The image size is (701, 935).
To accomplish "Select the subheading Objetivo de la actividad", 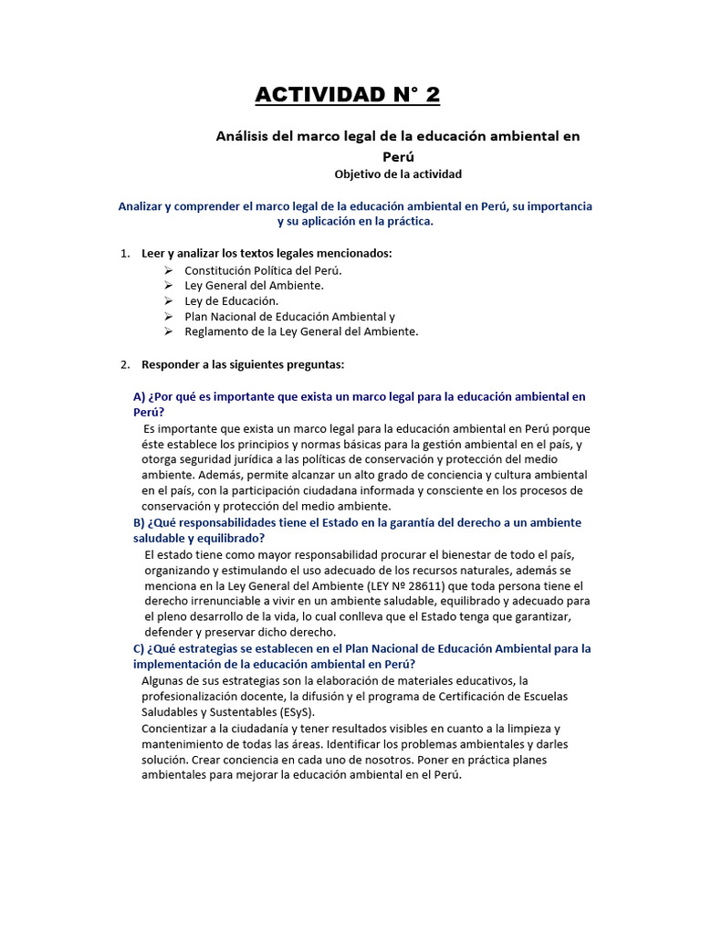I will [x=398, y=173].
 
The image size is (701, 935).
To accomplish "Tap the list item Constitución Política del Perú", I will [x=263, y=270].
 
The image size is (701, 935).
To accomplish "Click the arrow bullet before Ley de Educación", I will [x=168, y=300].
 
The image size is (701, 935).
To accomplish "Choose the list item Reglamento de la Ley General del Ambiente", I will [x=301, y=331].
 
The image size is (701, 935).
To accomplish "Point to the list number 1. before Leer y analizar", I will [x=126, y=252].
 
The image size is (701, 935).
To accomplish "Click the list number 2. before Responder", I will [x=126, y=364].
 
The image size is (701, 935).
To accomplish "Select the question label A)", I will [x=140, y=396].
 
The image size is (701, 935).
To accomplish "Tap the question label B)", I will [x=140, y=522].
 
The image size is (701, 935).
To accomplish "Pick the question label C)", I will [x=140, y=648].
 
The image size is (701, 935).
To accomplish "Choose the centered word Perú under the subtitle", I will [x=398, y=156].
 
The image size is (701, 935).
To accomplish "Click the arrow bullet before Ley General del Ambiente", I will [x=168, y=286].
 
